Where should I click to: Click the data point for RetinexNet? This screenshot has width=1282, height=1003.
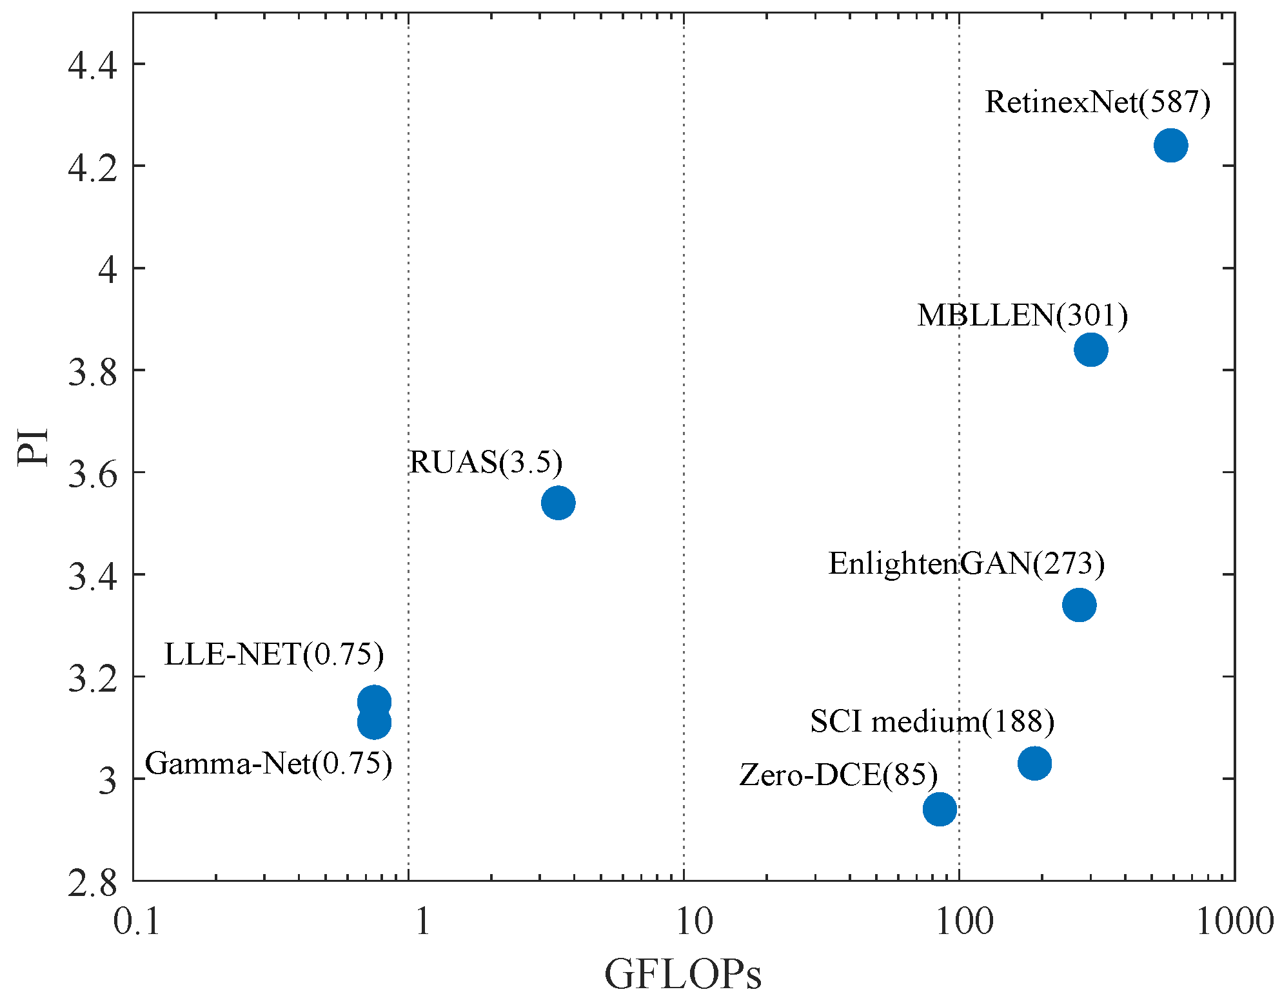click(x=1170, y=145)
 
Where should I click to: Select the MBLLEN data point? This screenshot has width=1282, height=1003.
click(x=1090, y=350)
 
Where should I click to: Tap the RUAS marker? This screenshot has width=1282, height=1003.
click(x=558, y=503)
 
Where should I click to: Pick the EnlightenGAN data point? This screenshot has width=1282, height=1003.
click(x=1079, y=605)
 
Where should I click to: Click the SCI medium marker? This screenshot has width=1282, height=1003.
click(x=1034, y=763)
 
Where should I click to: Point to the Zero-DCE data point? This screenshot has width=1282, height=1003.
click(x=940, y=809)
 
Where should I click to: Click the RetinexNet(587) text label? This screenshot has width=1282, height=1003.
click(x=1097, y=102)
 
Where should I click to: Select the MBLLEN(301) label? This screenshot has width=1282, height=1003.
click(x=1022, y=316)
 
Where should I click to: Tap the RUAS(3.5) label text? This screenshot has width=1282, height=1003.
click(x=486, y=463)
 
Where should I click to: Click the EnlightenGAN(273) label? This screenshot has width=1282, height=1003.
click(x=966, y=564)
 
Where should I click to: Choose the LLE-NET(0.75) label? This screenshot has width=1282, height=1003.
click(x=274, y=655)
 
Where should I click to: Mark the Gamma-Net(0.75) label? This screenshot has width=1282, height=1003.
click(x=268, y=764)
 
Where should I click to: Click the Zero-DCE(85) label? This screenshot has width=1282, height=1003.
click(x=838, y=775)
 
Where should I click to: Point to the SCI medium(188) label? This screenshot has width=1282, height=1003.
click(x=932, y=721)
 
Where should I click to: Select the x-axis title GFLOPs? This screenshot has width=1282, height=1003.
click(x=683, y=974)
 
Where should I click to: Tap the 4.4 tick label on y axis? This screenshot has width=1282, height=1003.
click(x=93, y=66)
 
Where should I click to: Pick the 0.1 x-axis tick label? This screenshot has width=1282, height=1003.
click(x=136, y=922)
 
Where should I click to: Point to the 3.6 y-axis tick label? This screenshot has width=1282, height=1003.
click(x=93, y=474)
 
